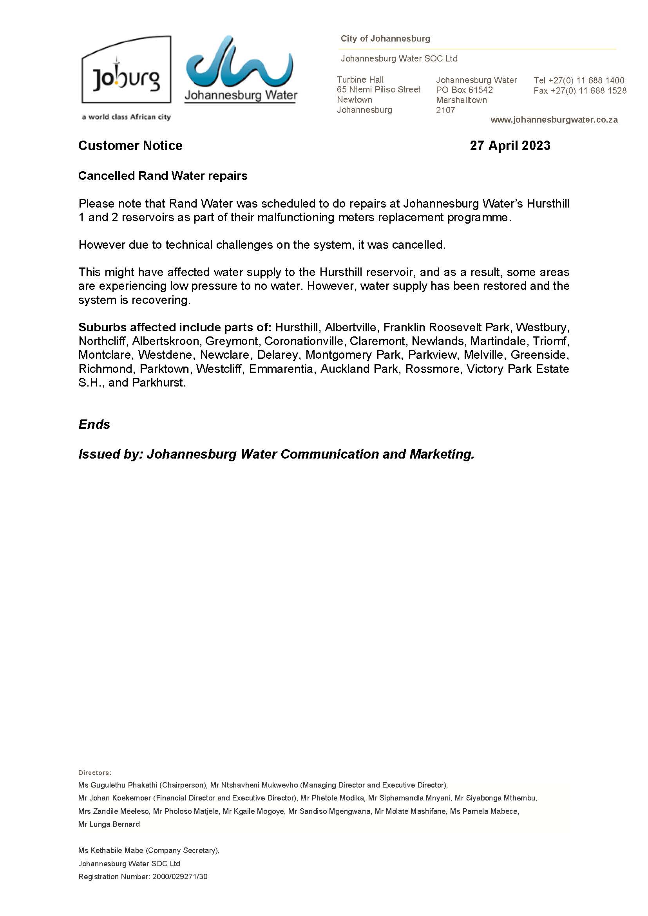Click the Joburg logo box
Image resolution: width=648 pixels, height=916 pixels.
(x=126, y=70)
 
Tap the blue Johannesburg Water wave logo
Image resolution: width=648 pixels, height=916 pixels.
(x=239, y=62)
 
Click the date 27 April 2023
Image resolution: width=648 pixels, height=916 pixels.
(x=510, y=146)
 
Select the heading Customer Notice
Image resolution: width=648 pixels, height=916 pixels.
(x=130, y=146)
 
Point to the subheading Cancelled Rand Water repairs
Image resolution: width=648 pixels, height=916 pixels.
(x=163, y=176)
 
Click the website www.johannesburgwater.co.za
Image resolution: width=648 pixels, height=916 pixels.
(x=554, y=120)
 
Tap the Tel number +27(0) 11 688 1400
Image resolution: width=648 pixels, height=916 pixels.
(x=579, y=80)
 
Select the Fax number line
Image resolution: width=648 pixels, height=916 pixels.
(x=580, y=90)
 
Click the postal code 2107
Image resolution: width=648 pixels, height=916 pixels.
(x=445, y=110)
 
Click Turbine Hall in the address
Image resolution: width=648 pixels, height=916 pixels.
(x=360, y=80)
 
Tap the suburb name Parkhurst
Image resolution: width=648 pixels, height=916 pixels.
(x=158, y=383)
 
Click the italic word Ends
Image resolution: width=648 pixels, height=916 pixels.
(x=94, y=424)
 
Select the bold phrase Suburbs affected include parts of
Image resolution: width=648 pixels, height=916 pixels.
(x=174, y=327)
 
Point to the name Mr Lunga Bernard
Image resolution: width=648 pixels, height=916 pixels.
(x=109, y=824)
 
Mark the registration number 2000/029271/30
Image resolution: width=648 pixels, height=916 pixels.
(x=179, y=876)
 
